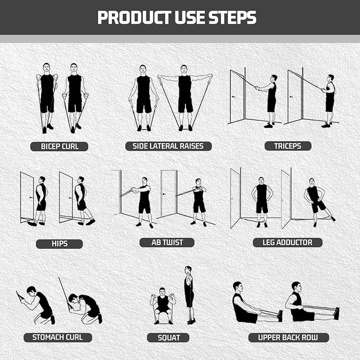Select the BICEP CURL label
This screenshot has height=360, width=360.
coord(60,146)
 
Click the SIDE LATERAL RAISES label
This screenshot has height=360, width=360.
coord(169,146)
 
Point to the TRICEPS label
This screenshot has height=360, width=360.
coord(288,146)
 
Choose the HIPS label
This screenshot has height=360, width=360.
coord(59,243)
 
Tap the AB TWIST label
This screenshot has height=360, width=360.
coord(166,242)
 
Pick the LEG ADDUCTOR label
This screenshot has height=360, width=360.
coord(287,242)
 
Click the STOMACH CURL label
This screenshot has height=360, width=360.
coord(58,337)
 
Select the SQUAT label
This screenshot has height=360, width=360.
coord(169,338)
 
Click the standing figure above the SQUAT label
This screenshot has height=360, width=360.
coord(189,295)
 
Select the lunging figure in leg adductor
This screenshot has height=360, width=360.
coord(317,200)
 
